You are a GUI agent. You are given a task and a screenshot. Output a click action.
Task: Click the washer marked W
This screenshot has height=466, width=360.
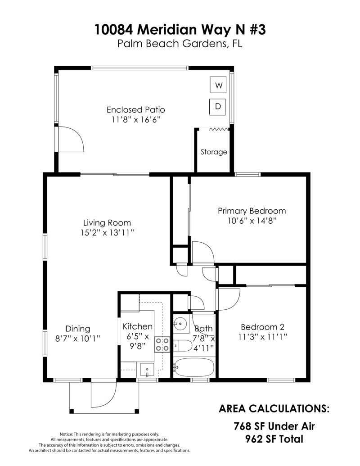pos(218,85)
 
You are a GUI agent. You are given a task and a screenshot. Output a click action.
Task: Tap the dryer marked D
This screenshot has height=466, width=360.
pos(218,107)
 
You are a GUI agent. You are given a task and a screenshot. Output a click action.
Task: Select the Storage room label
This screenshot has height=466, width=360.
pos(214,152)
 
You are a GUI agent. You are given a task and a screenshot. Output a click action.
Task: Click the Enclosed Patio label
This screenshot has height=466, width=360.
pos(136,110)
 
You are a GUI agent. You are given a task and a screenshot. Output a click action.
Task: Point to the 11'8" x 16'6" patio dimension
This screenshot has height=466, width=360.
pos(136,120)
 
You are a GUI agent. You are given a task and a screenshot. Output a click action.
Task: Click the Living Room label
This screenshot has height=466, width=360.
pos(107,222)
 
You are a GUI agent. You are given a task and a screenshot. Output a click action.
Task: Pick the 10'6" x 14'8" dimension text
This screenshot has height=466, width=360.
pos(252,221)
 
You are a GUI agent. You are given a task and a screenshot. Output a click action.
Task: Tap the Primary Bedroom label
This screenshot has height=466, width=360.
pos(252,211)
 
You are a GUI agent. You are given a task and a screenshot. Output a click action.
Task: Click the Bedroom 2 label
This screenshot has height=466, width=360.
pos(262,327)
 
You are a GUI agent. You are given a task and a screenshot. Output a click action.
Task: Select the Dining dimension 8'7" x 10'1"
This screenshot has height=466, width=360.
pos(77,339)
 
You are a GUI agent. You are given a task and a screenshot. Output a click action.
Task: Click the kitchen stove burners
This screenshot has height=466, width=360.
pos(162,344)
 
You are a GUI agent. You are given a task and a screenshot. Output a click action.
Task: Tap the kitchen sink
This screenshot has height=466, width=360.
pos(147,370)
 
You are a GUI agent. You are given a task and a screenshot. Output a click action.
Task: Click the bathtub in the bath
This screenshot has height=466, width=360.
pos(193,367)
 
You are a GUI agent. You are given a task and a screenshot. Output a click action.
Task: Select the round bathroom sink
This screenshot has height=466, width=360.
pos(181,323)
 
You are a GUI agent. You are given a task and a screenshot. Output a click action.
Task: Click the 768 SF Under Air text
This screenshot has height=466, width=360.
pos(274,426)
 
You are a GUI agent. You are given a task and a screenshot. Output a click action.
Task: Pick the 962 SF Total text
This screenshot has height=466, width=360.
pos(274,439)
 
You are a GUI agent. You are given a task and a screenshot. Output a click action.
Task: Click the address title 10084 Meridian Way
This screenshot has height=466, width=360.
pos(180,29)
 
